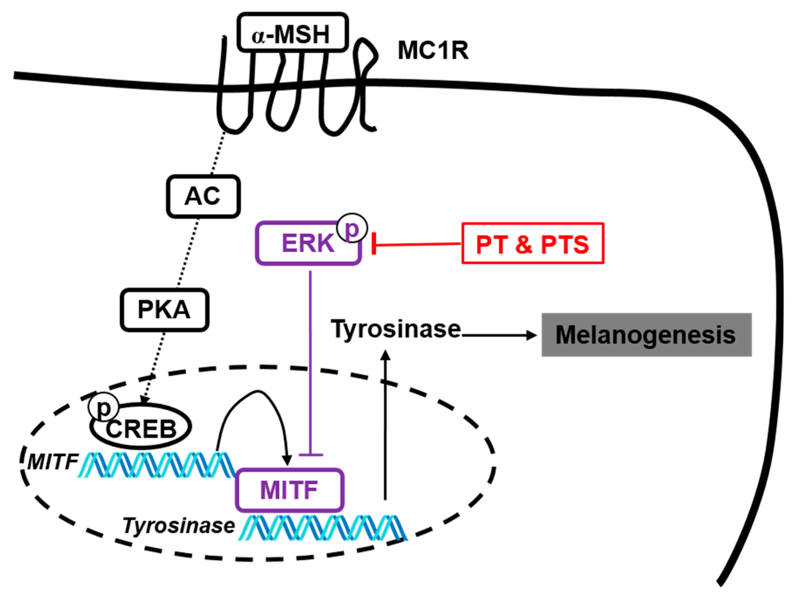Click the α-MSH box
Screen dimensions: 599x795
292,33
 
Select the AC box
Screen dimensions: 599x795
203,197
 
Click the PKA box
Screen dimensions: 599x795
164,310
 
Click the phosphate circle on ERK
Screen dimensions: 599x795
352,228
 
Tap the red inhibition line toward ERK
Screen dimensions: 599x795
417,244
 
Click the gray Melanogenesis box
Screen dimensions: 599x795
646,335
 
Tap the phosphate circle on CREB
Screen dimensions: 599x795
103,409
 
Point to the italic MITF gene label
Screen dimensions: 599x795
53,462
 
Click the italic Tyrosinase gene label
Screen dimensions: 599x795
179,526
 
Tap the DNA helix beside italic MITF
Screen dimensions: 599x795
156,465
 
